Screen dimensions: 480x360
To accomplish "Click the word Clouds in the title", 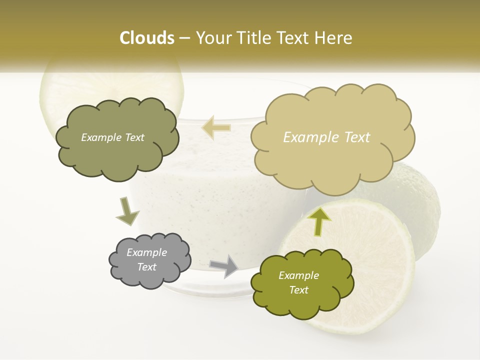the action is coord(146,38).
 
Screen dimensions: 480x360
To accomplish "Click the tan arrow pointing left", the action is coord(216,127).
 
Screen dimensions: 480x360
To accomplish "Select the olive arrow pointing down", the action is coord(127,211).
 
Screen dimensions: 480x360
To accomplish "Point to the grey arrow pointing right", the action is coord(224,265).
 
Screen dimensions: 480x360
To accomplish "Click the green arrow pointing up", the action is coord(318,220).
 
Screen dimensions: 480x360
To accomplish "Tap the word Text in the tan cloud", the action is coord(357,137).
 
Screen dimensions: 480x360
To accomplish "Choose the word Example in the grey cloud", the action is coord(146,252).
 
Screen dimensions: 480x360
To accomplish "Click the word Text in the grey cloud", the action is coord(146,267).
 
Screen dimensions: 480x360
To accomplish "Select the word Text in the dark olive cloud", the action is coord(134,137).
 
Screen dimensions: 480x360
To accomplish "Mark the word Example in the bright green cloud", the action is coord(298,275).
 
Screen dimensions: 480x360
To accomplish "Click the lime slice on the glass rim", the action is coord(112,85).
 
